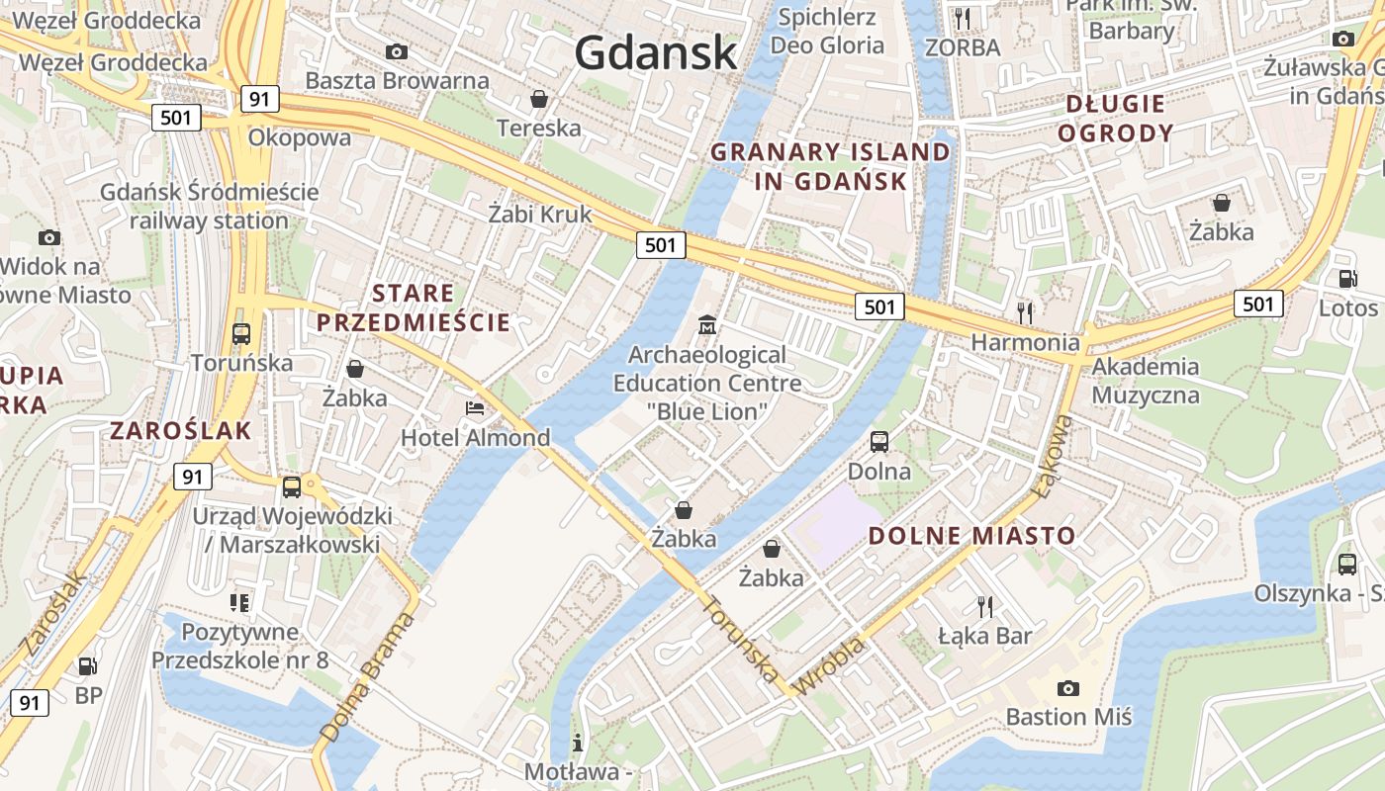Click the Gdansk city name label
coord(656,52)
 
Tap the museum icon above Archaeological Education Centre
coord(707,323)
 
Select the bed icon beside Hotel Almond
coord(475,407)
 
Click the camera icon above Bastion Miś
coord(1067,687)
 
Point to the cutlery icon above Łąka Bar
coord(984,606)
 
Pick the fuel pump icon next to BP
coord(88,667)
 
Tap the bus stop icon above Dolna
coord(879,441)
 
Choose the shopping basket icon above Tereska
coord(539,98)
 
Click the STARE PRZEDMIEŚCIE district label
coord(414,308)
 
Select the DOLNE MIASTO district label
coord(971,536)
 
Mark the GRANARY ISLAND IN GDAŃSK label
coord(830,166)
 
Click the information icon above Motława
coord(578,742)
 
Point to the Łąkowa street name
coord(1053,456)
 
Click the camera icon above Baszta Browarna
coord(397,51)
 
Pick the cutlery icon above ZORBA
coord(963,18)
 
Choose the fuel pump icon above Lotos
coord(1347,279)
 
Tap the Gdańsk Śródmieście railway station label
coord(209,206)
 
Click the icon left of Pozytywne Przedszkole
coord(238,601)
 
